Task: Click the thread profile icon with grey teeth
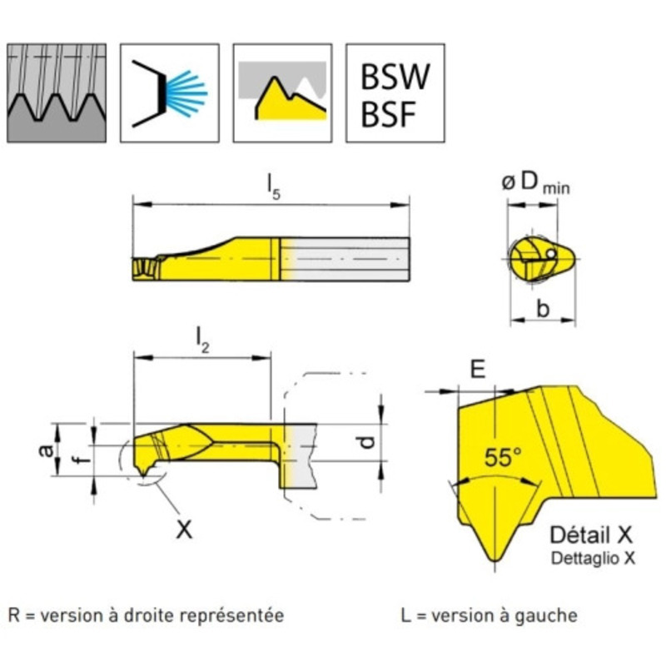(x=57, y=92)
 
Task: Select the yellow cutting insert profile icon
(x=281, y=92)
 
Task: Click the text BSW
(x=395, y=77)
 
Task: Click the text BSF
(x=388, y=114)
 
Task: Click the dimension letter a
(x=47, y=450)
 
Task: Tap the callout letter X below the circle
(x=183, y=528)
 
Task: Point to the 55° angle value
(x=502, y=458)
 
